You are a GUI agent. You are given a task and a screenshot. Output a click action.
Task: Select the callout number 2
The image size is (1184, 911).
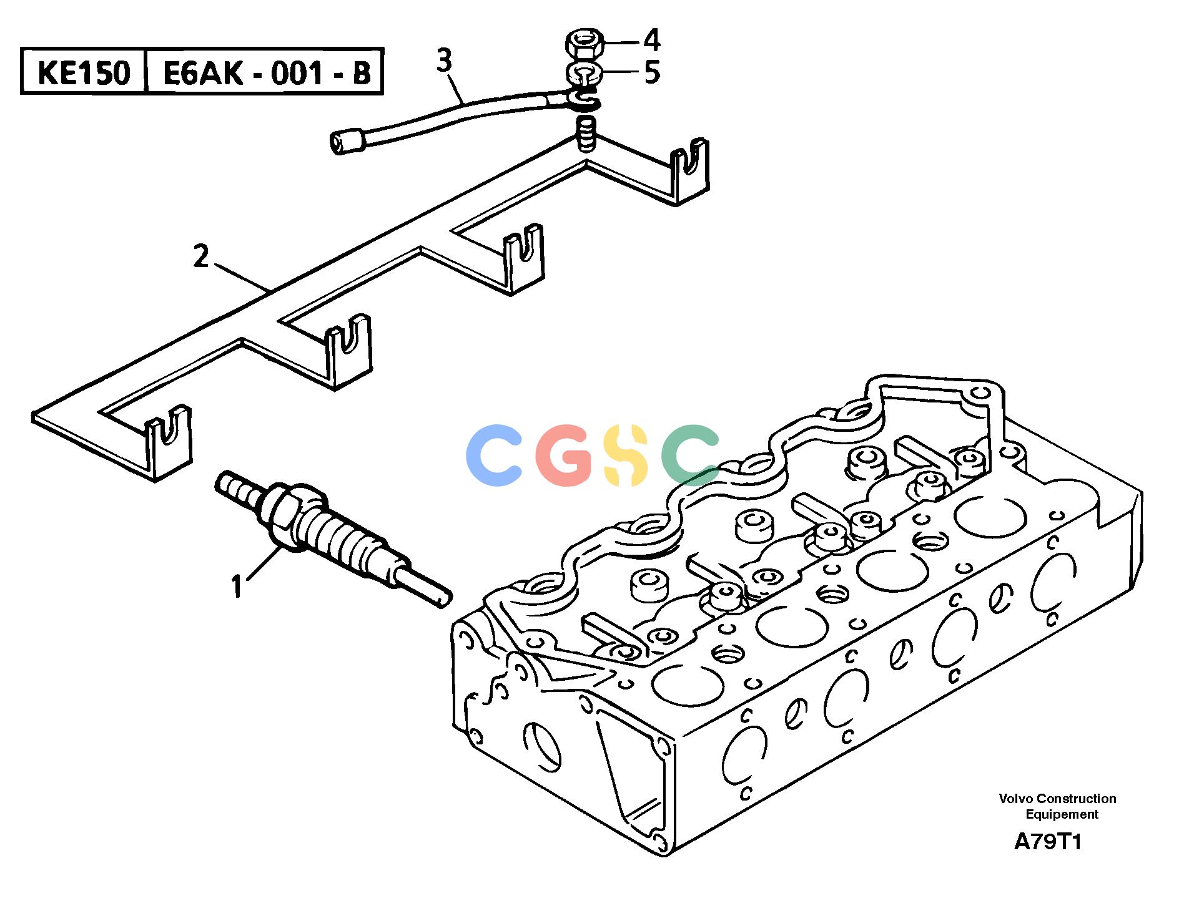coord(200,257)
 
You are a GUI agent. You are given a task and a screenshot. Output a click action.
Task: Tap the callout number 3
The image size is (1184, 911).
coord(443,62)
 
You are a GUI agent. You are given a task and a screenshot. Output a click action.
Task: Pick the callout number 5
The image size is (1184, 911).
coord(652,73)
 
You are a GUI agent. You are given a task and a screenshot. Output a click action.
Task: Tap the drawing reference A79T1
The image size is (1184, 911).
coord(1047,842)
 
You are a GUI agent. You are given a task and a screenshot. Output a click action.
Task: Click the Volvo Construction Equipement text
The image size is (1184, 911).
coord(1057,806)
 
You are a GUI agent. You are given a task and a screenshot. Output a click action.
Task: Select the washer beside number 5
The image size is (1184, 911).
coord(583,73)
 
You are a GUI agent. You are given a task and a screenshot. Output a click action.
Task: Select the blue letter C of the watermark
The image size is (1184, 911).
coord(494,455)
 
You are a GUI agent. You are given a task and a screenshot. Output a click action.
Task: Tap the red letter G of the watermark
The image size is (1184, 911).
coord(563,455)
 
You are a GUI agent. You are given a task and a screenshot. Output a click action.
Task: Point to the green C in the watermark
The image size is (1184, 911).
coord(690,455)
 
